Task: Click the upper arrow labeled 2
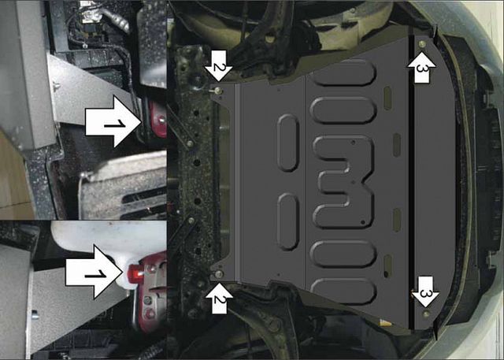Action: [x=217, y=70]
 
